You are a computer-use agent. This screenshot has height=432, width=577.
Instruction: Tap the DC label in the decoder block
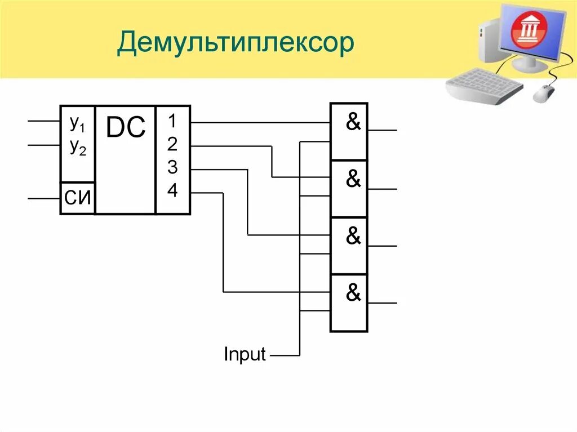coord(126,128)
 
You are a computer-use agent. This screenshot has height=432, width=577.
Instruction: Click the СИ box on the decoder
coord(78,198)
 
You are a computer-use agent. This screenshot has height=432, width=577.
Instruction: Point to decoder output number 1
coord(172,121)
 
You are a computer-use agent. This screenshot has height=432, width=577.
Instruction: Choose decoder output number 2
coord(172,145)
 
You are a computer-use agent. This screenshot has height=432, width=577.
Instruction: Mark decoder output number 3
coord(172,168)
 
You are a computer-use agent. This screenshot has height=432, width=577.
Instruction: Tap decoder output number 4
coord(172,191)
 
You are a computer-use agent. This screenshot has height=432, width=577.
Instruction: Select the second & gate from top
coord(353,180)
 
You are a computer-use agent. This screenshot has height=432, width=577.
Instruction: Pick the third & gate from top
coord(353,237)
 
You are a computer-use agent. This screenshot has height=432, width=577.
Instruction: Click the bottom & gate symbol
coord(353,293)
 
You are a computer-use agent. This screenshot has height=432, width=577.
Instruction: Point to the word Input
coord(245,355)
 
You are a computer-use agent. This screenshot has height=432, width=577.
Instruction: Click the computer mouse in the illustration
coord(544,93)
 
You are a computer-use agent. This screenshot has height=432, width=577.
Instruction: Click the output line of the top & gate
coord(383,130)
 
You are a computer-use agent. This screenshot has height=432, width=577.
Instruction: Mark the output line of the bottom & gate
coord(383,303)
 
